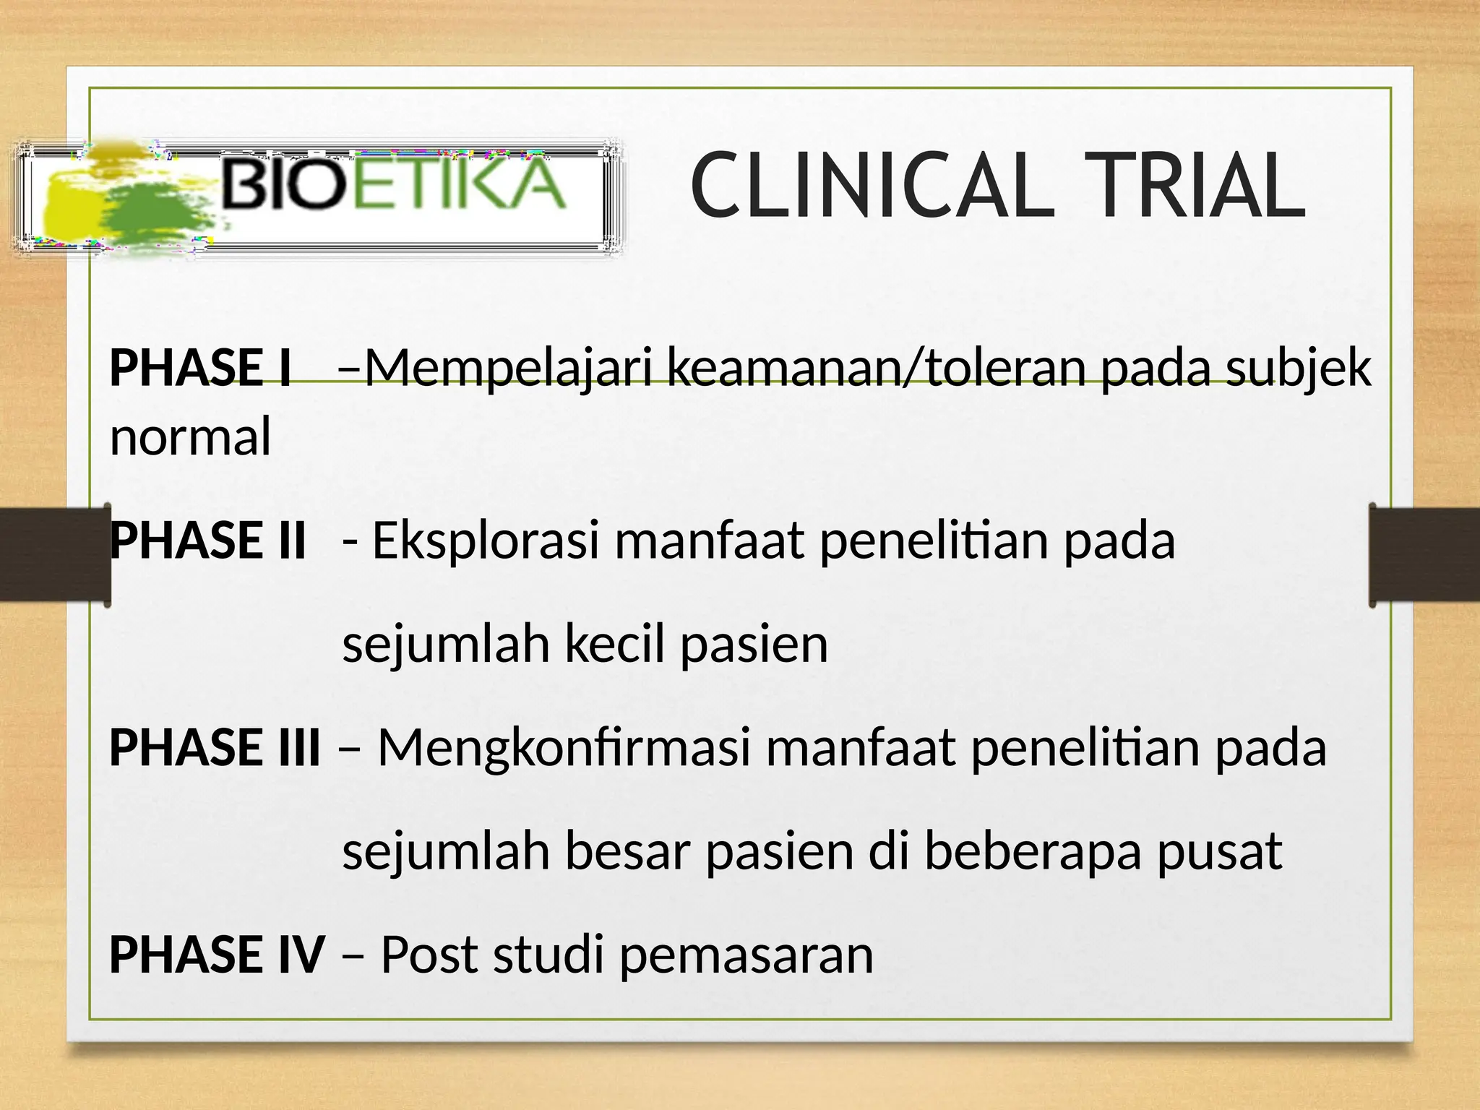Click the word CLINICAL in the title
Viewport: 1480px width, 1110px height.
click(x=872, y=186)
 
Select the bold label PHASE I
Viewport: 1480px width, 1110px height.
click(x=200, y=368)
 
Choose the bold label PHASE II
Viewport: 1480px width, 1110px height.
click(x=208, y=541)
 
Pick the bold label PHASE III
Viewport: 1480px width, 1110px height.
click(x=215, y=748)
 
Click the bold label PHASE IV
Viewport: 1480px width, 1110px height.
click(x=217, y=955)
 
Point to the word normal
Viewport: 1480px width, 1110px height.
click(x=190, y=437)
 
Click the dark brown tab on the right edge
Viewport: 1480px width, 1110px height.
click(x=1424, y=554)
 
